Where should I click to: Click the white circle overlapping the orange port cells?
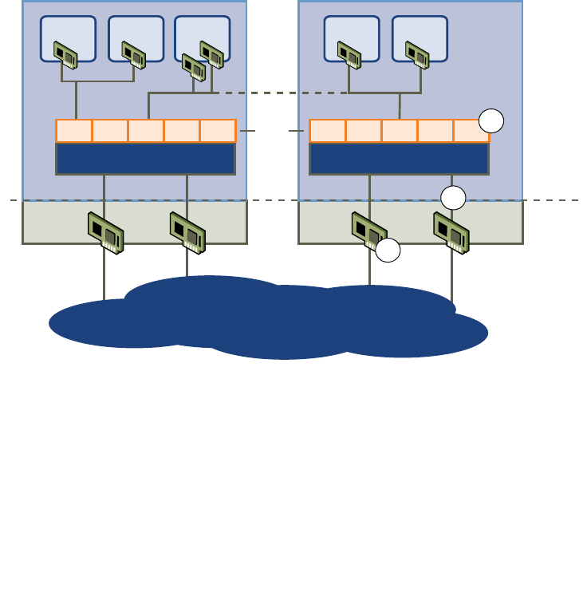tap(491, 121)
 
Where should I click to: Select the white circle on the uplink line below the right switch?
tap(453, 198)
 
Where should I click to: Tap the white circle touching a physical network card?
tap(388, 251)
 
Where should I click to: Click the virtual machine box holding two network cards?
tap(201, 38)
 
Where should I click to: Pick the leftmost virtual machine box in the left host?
tap(68, 37)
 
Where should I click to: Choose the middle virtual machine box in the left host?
tap(136, 37)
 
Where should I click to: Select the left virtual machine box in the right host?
tap(351, 37)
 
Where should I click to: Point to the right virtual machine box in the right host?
tap(420, 37)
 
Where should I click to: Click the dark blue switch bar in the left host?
tap(145, 158)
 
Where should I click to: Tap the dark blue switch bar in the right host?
tap(399, 158)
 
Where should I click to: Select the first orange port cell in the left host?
tap(74, 131)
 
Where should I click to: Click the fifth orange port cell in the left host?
tap(218, 131)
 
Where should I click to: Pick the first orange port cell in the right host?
tap(328, 131)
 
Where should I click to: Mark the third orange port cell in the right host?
tap(400, 131)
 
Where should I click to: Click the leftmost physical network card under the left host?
tap(105, 232)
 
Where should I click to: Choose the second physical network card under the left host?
tap(187, 232)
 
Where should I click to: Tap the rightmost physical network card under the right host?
tap(451, 232)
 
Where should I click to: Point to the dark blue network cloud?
tap(271, 319)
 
